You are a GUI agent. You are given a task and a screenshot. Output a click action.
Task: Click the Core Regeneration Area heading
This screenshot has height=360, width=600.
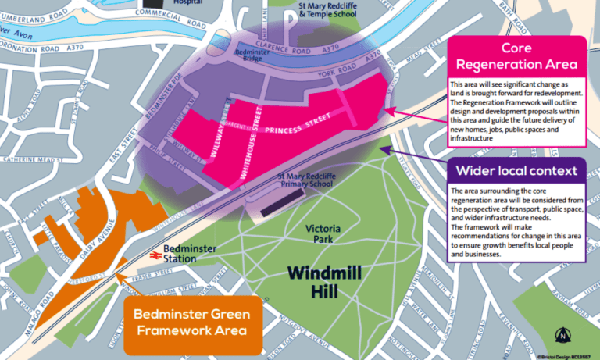coord(516,55)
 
